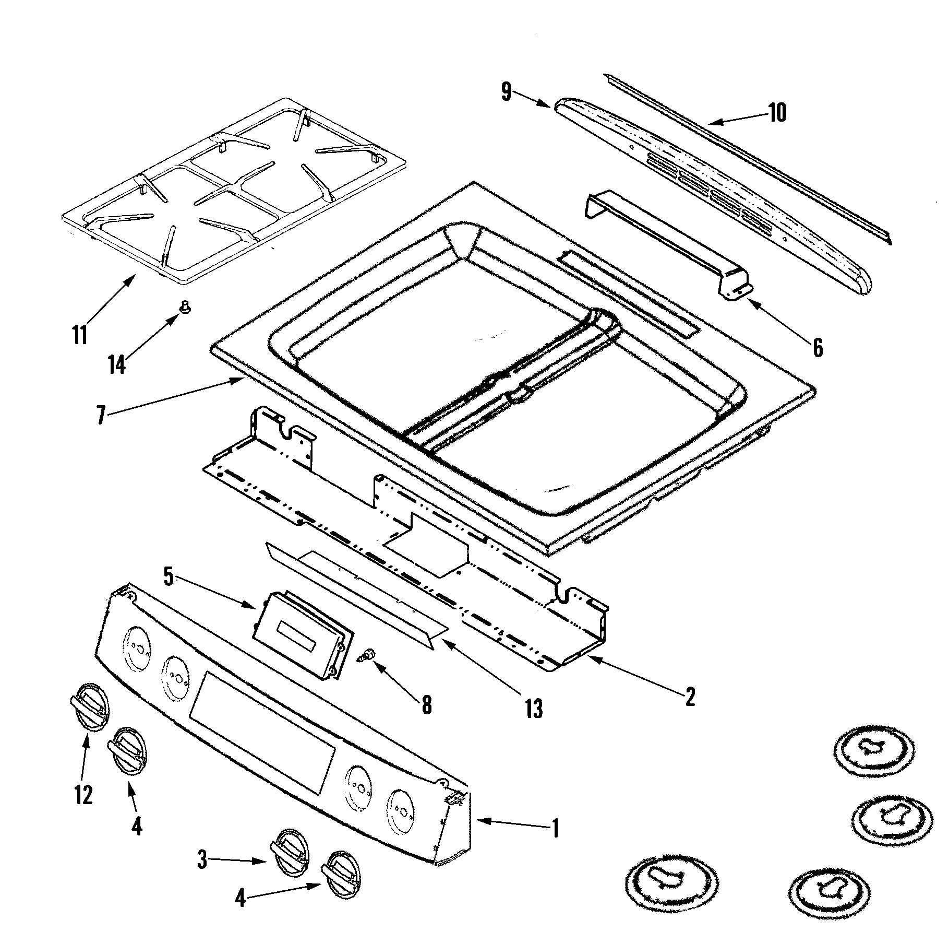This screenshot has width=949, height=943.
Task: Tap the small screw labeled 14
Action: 184,309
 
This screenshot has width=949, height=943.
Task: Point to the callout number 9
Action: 506,92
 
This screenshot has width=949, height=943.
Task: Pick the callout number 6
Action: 818,347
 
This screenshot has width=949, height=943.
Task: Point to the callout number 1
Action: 555,828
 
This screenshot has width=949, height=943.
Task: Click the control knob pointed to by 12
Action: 89,705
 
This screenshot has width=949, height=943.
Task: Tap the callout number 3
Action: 202,859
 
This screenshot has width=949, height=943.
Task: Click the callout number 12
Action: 83,794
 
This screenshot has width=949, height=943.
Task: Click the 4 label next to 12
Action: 137,826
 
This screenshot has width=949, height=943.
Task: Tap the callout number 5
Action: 168,577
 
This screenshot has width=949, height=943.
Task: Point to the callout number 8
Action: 426,705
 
